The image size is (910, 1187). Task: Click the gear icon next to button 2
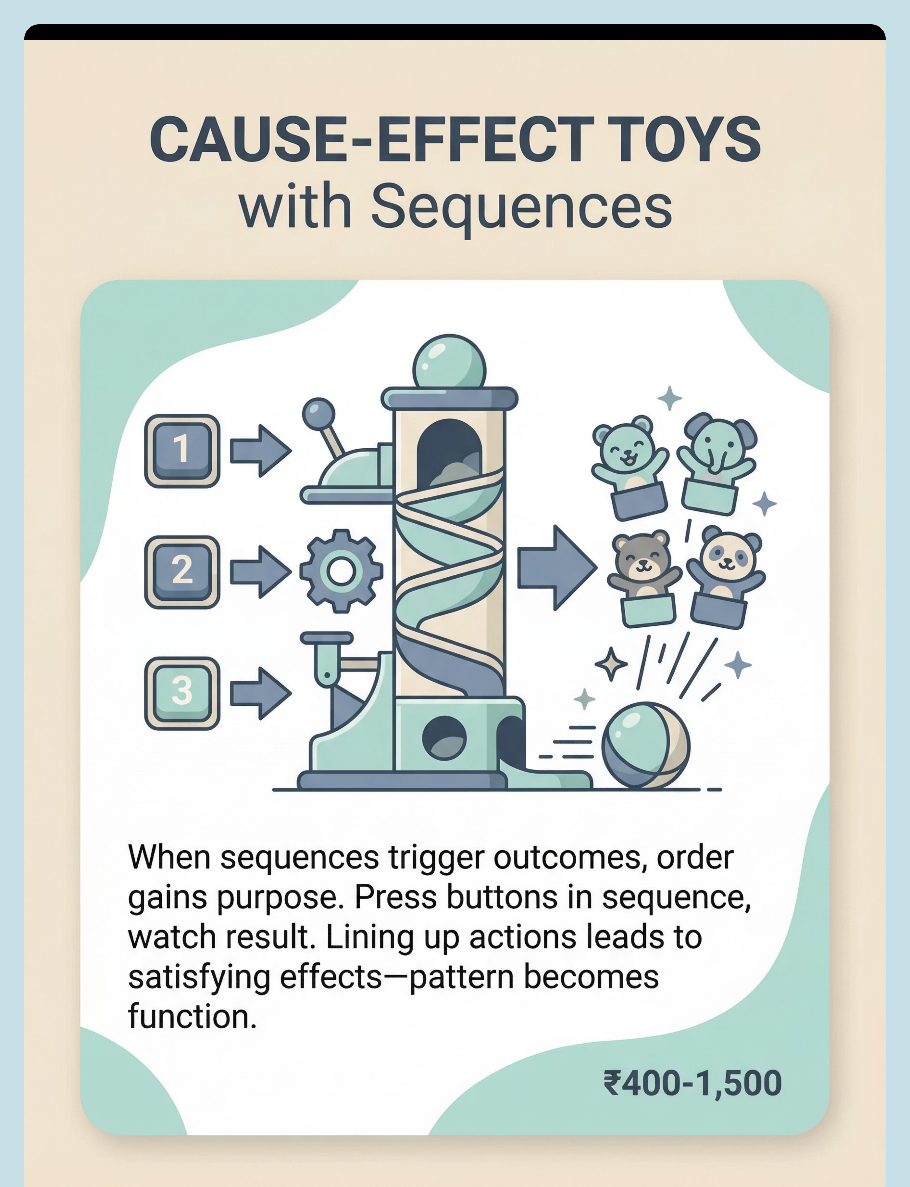coord(341,571)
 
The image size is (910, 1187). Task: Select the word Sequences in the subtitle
coord(521,208)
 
